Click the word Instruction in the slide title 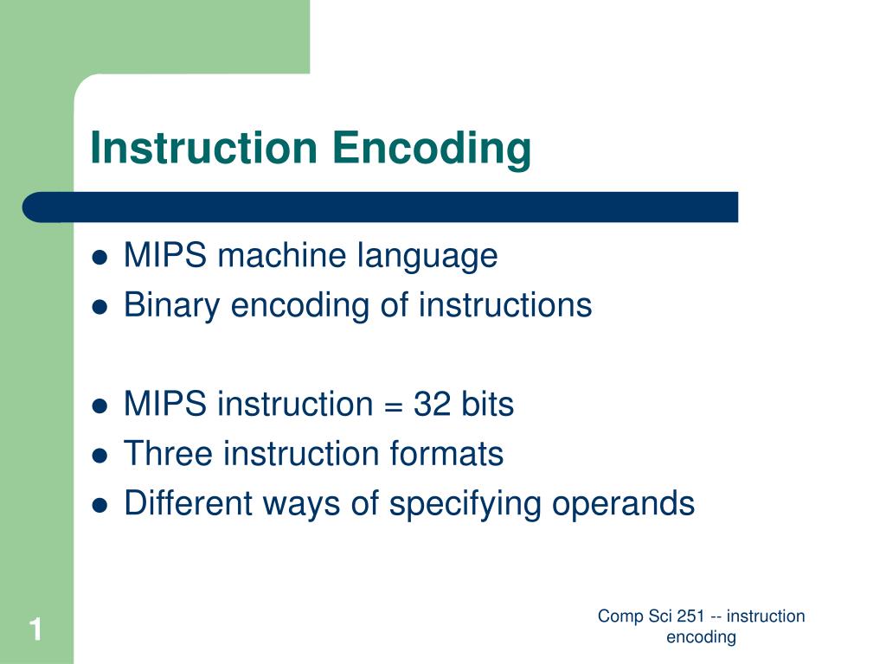click(204, 147)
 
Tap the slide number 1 click(35, 629)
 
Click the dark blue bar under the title click(381, 207)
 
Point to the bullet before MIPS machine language click(100, 258)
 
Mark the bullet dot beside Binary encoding click(100, 307)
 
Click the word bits click(486, 404)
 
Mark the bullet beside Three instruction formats click(100, 455)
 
